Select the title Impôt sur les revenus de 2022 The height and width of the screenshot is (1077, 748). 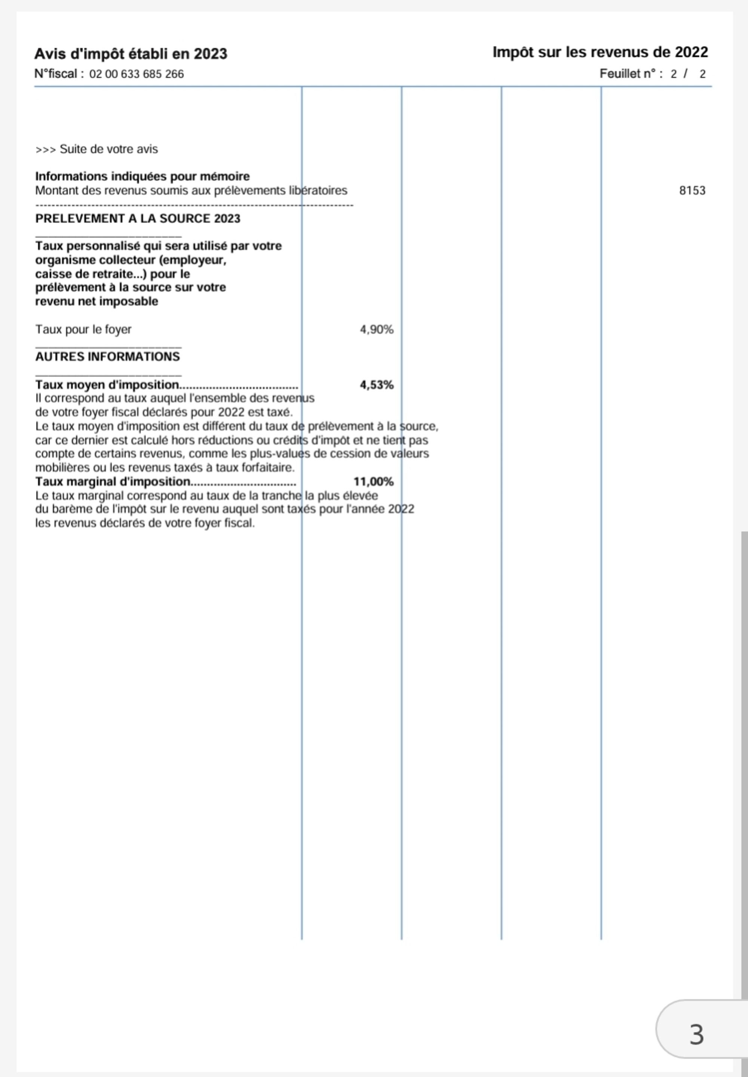[600, 52]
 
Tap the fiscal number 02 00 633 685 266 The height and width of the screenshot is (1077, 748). [137, 74]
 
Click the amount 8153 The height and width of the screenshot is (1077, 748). [692, 190]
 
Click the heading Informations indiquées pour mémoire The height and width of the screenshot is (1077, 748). [142, 176]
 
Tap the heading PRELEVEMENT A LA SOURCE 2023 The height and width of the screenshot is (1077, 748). [137, 219]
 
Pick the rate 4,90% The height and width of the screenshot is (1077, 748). [376, 330]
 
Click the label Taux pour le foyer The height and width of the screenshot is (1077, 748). [83, 329]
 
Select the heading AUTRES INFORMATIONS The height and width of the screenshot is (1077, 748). [107, 356]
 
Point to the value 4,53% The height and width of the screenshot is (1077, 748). [376, 385]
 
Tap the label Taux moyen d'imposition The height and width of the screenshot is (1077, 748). [107, 385]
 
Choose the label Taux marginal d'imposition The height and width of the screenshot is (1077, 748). [113, 482]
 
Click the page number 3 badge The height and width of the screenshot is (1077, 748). [696, 1034]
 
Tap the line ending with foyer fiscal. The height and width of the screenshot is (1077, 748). [145, 523]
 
